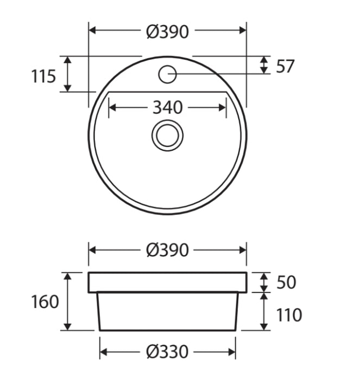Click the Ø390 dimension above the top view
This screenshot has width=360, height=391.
click(167, 32)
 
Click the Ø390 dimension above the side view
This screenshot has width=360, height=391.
click(167, 250)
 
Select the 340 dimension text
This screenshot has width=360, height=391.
click(167, 107)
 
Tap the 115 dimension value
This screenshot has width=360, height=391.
click(43, 76)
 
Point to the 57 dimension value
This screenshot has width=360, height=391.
click(285, 66)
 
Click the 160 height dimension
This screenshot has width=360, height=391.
click(45, 302)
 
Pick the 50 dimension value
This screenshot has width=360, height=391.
click(286, 283)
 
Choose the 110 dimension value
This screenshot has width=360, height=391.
click(289, 315)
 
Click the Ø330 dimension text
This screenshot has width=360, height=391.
click(167, 352)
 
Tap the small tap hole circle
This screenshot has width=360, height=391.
click(167, 74)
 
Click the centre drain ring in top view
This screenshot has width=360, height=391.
click(167, 135)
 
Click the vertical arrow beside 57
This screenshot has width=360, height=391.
click(264, 65)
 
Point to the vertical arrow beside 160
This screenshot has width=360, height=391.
click(68, 302)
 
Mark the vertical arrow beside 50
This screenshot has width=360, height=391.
click(264, 283)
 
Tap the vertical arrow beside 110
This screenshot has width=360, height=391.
click(264, 311)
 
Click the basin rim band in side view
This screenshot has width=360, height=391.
click(167, 283)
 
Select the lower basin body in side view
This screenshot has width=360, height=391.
click(167, 312)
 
